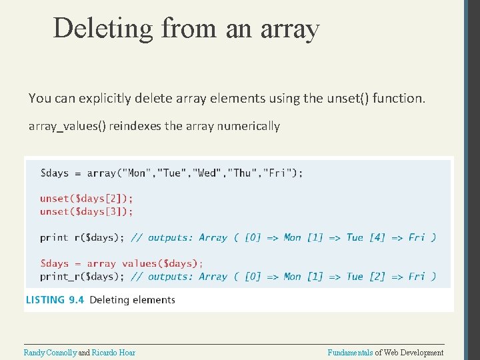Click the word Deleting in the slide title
103,29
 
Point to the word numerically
249,126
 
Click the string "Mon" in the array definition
137,173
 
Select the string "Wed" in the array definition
207,173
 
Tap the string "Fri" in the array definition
277,173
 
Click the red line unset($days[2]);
86,198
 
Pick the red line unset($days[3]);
86,211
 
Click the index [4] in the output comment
375,237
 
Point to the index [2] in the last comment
375,277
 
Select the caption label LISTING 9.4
55,300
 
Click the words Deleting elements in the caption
132,300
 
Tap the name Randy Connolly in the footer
50,353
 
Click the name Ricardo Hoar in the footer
113,353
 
